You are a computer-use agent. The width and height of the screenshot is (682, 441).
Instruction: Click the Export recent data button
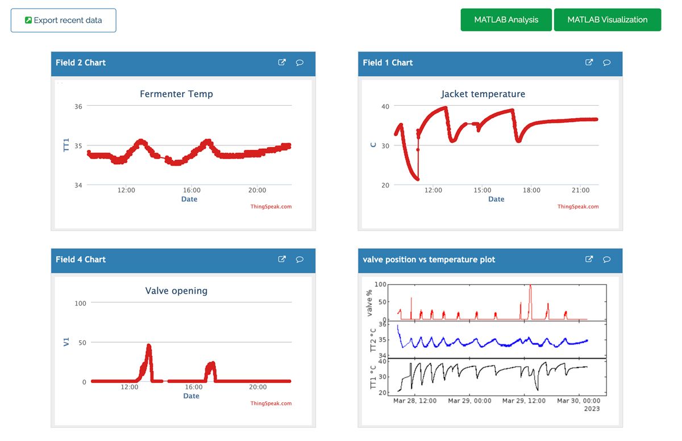click(64, 20)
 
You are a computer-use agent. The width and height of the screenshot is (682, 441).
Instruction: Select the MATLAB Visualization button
click(607, 20)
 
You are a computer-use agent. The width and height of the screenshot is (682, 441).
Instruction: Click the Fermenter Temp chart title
click(176, 94)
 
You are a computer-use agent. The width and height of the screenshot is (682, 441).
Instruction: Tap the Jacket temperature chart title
click(483, 94)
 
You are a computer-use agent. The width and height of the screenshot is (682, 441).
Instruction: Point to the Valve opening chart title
click(176, 290)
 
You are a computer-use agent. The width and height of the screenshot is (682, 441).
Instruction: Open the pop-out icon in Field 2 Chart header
click(282, 63)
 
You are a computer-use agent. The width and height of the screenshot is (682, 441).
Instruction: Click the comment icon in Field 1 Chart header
click(606, 63)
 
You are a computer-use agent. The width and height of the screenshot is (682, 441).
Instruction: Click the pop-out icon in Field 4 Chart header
click(282, 259)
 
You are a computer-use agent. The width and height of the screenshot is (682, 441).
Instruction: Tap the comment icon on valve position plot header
click(606, 259)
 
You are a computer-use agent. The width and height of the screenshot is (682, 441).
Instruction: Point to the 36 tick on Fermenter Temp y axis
click(78, 106)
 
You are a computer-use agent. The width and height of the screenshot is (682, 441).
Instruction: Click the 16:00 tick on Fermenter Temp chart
click(192, 190)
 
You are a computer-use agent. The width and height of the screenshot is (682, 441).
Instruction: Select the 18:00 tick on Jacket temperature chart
click(531, 190)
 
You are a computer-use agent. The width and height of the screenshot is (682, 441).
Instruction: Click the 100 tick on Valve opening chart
click(81, 303)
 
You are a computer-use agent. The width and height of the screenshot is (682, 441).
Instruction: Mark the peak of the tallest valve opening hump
click(149, 346)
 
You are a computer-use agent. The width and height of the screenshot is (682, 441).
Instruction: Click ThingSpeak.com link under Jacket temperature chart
click(577, 207)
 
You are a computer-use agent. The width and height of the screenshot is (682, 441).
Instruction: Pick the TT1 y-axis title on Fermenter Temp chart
click(66, 145)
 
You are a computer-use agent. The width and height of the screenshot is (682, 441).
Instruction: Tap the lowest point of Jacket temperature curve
click(418, 180)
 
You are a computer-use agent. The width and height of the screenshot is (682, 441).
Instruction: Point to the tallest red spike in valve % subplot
click(530, 286)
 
